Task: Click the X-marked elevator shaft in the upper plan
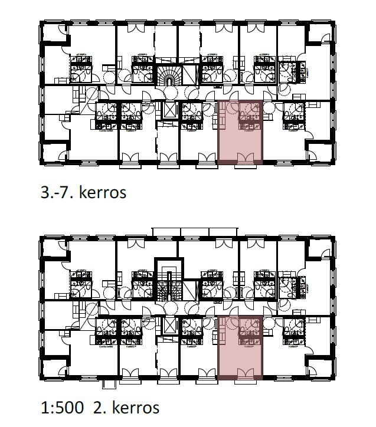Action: [169, 109]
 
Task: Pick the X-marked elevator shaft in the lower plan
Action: [169, 325]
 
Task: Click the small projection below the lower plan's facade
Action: [107, 383]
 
